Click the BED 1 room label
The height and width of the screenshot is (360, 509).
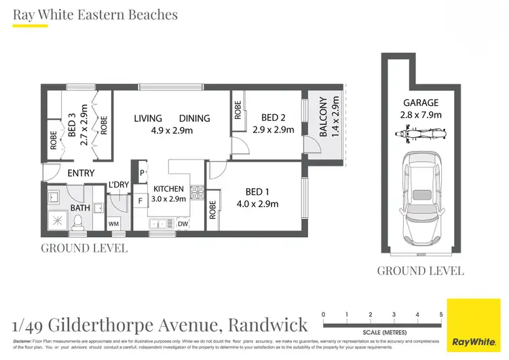click(x=256, y=196)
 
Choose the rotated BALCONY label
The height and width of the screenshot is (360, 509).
click(x=324, y=117)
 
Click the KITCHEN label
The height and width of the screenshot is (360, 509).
click(x=168, y=189)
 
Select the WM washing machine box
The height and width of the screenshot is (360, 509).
click(x=114, y=223)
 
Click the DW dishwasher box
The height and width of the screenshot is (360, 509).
click(x=183, y=223)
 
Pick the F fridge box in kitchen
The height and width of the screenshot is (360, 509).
click(x=140, y=201)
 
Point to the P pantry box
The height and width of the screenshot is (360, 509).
click(x=142, y=172)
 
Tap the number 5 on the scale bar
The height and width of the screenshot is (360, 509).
click(x=441, y=314)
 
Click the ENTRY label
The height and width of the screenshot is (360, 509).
click(x=81, y=173)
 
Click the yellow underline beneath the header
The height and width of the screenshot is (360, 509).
click(x=31, y=26)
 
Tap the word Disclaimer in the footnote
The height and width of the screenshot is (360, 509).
click(x=26, y=340)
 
